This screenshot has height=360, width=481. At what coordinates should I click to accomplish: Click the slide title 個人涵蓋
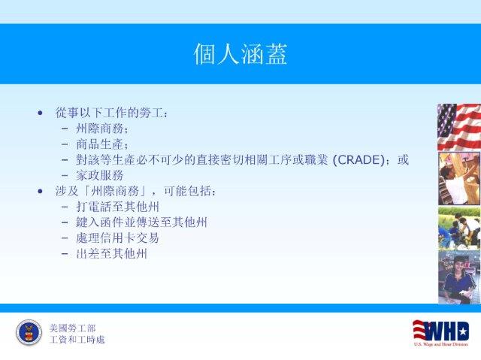point(240,53)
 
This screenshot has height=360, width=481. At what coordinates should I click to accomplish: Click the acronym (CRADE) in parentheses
point(359,160)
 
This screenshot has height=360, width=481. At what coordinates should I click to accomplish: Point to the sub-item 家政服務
point(100,175)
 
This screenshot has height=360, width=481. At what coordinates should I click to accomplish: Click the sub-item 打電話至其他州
point(117,207)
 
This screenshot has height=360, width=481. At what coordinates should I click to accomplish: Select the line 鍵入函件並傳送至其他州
point(141,222)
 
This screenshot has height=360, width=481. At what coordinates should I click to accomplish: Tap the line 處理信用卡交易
point(117,238)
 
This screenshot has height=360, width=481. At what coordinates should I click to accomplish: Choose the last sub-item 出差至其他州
point(112,253)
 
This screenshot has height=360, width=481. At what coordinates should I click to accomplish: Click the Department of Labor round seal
point(29,333)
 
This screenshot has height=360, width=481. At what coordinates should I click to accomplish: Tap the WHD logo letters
point(441,331)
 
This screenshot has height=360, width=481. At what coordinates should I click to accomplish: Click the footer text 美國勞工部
point(72,328)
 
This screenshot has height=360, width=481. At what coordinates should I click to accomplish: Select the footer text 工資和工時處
point(77,340)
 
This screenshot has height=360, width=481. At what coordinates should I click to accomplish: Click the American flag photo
point(459,127)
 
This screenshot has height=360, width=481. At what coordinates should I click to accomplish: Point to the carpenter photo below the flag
point(459,178)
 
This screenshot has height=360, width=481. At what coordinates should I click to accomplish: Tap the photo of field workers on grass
point(459,228)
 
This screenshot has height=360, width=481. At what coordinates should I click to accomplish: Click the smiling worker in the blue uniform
point(459,277)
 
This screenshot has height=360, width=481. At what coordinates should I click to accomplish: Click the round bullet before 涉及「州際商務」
point(40,192)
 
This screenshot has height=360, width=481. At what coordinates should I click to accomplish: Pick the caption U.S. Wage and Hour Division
point(441,344)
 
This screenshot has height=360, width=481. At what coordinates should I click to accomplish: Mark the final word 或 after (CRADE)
point(403,160)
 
